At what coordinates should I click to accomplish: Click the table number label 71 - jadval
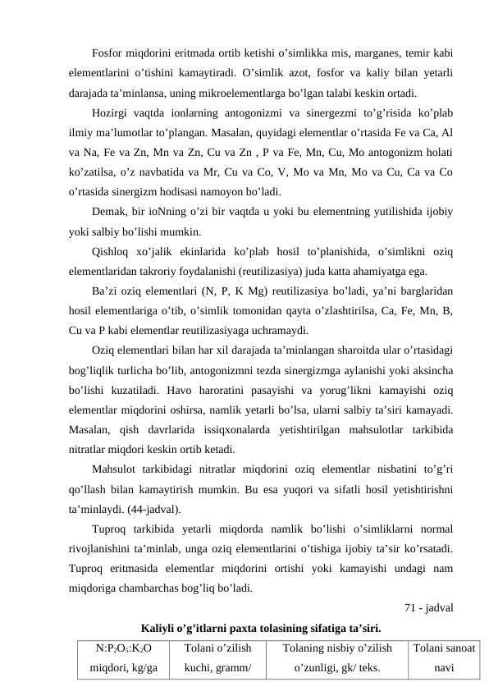pyautogui.click(x=430, y=607)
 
